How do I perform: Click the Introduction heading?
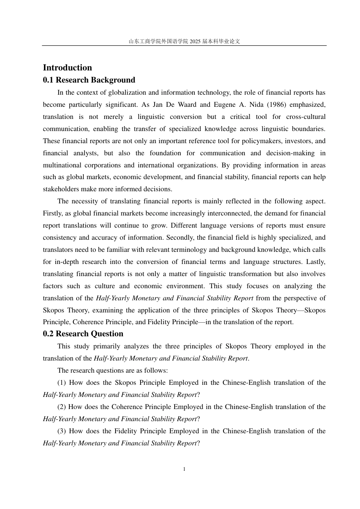(67, 68)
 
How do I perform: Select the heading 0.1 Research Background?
(89, 80)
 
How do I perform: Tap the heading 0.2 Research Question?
(83, 334)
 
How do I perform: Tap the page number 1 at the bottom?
(184, 469)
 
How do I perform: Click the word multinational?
(62, 165)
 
